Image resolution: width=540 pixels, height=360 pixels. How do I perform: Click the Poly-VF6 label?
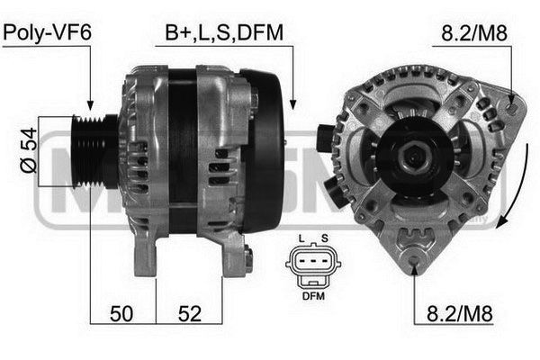tap(47, 32)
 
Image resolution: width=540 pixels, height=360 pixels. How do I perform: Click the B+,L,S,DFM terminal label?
tap(224, 32)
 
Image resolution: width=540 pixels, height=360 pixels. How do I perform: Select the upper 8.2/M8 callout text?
tap(474, 33)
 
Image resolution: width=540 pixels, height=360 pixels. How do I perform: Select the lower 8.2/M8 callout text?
tap(460, 313)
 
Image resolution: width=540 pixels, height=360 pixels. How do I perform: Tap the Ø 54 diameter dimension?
tap(29, 150)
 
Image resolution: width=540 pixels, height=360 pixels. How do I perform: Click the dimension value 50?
tap(121, 314)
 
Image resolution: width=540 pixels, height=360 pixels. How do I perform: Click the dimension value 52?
tap(189, 314)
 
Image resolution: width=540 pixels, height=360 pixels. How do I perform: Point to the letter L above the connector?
tap(301, 238)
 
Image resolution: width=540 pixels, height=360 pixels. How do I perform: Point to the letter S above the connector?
tap(324, 238)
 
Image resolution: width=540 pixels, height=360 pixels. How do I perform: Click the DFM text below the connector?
tap(313, 295)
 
